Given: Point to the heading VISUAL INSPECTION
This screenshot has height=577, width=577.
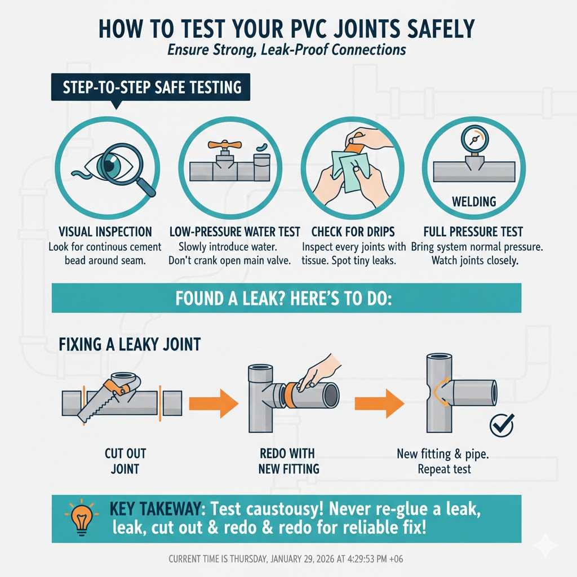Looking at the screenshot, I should pos(105,232).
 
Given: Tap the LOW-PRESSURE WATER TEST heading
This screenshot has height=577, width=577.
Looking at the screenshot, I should pos(234,232).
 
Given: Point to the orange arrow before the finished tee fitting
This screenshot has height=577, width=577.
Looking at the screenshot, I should pos(380,403).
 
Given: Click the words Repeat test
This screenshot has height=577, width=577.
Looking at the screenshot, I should pos(445,469).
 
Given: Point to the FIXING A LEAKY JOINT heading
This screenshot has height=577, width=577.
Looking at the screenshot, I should pos(130,344).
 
